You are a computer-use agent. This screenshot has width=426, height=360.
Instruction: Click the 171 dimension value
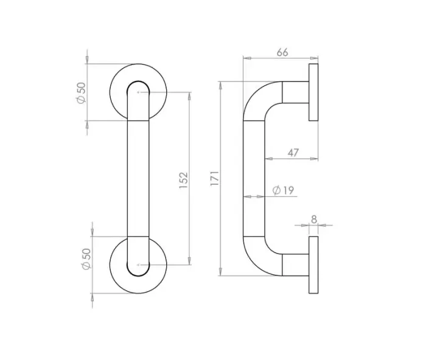214,180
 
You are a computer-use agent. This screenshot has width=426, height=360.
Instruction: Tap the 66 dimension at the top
282,52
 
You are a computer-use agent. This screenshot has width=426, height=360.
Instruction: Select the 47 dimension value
293,153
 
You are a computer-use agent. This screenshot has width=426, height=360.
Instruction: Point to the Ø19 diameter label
284,192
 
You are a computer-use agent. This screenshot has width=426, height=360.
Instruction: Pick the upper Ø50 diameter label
81,92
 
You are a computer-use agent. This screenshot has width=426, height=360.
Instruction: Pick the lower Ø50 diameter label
85,260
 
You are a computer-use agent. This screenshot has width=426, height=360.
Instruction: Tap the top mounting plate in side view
313,92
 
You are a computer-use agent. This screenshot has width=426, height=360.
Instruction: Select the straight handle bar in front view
138,179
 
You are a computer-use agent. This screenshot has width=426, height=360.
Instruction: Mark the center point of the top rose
139,92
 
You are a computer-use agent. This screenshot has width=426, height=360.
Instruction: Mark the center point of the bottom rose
139,265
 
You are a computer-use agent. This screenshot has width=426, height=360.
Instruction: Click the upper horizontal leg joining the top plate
296,92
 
